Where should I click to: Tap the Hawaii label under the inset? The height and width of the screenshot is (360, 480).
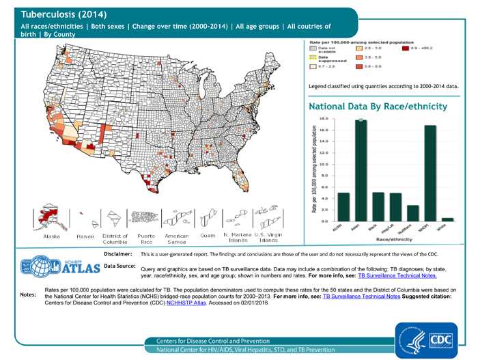pyautogui.click(x=85, y=236)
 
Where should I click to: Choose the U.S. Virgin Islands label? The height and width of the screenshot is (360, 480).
pyautogui.click(x=268, y=238)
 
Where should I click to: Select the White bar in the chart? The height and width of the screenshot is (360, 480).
pyautogui.click(x=447, y=219)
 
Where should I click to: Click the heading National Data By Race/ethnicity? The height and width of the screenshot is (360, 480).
pyautogui.click(x=378, y=107)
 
